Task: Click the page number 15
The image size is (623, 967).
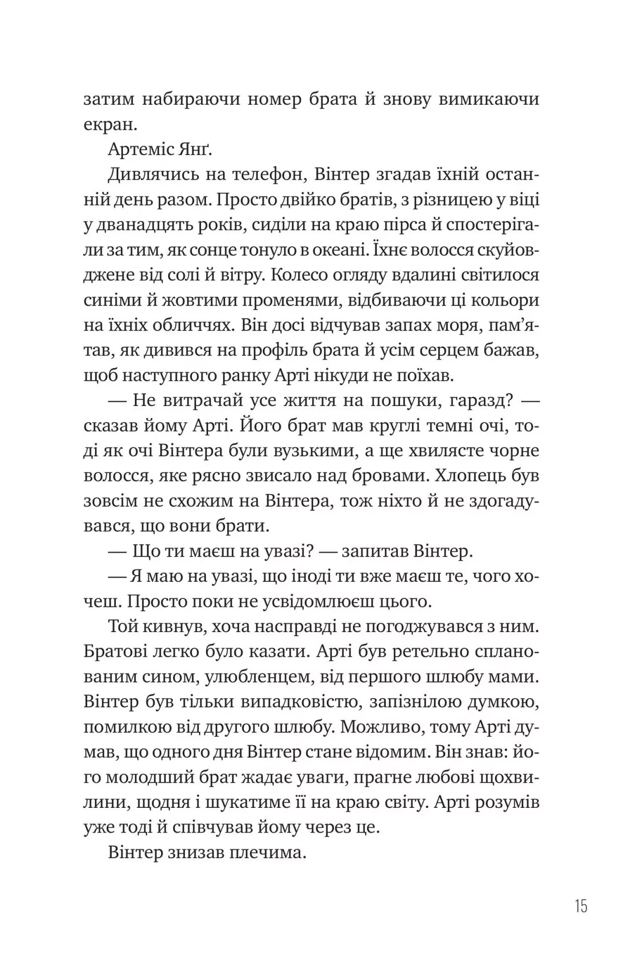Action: (581, 907)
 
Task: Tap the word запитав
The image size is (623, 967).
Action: (373, 551)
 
